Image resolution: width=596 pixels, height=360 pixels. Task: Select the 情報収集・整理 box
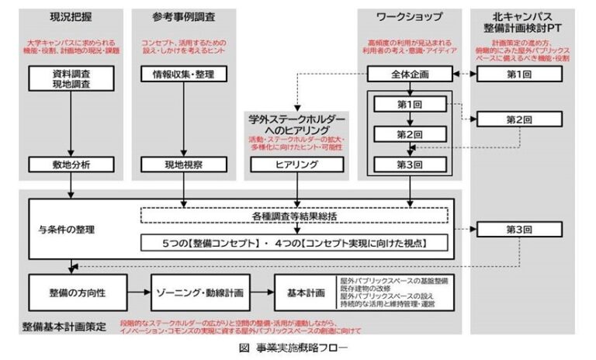[x=184, y=74]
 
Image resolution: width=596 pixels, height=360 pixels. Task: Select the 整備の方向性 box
[x=71, y=295]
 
